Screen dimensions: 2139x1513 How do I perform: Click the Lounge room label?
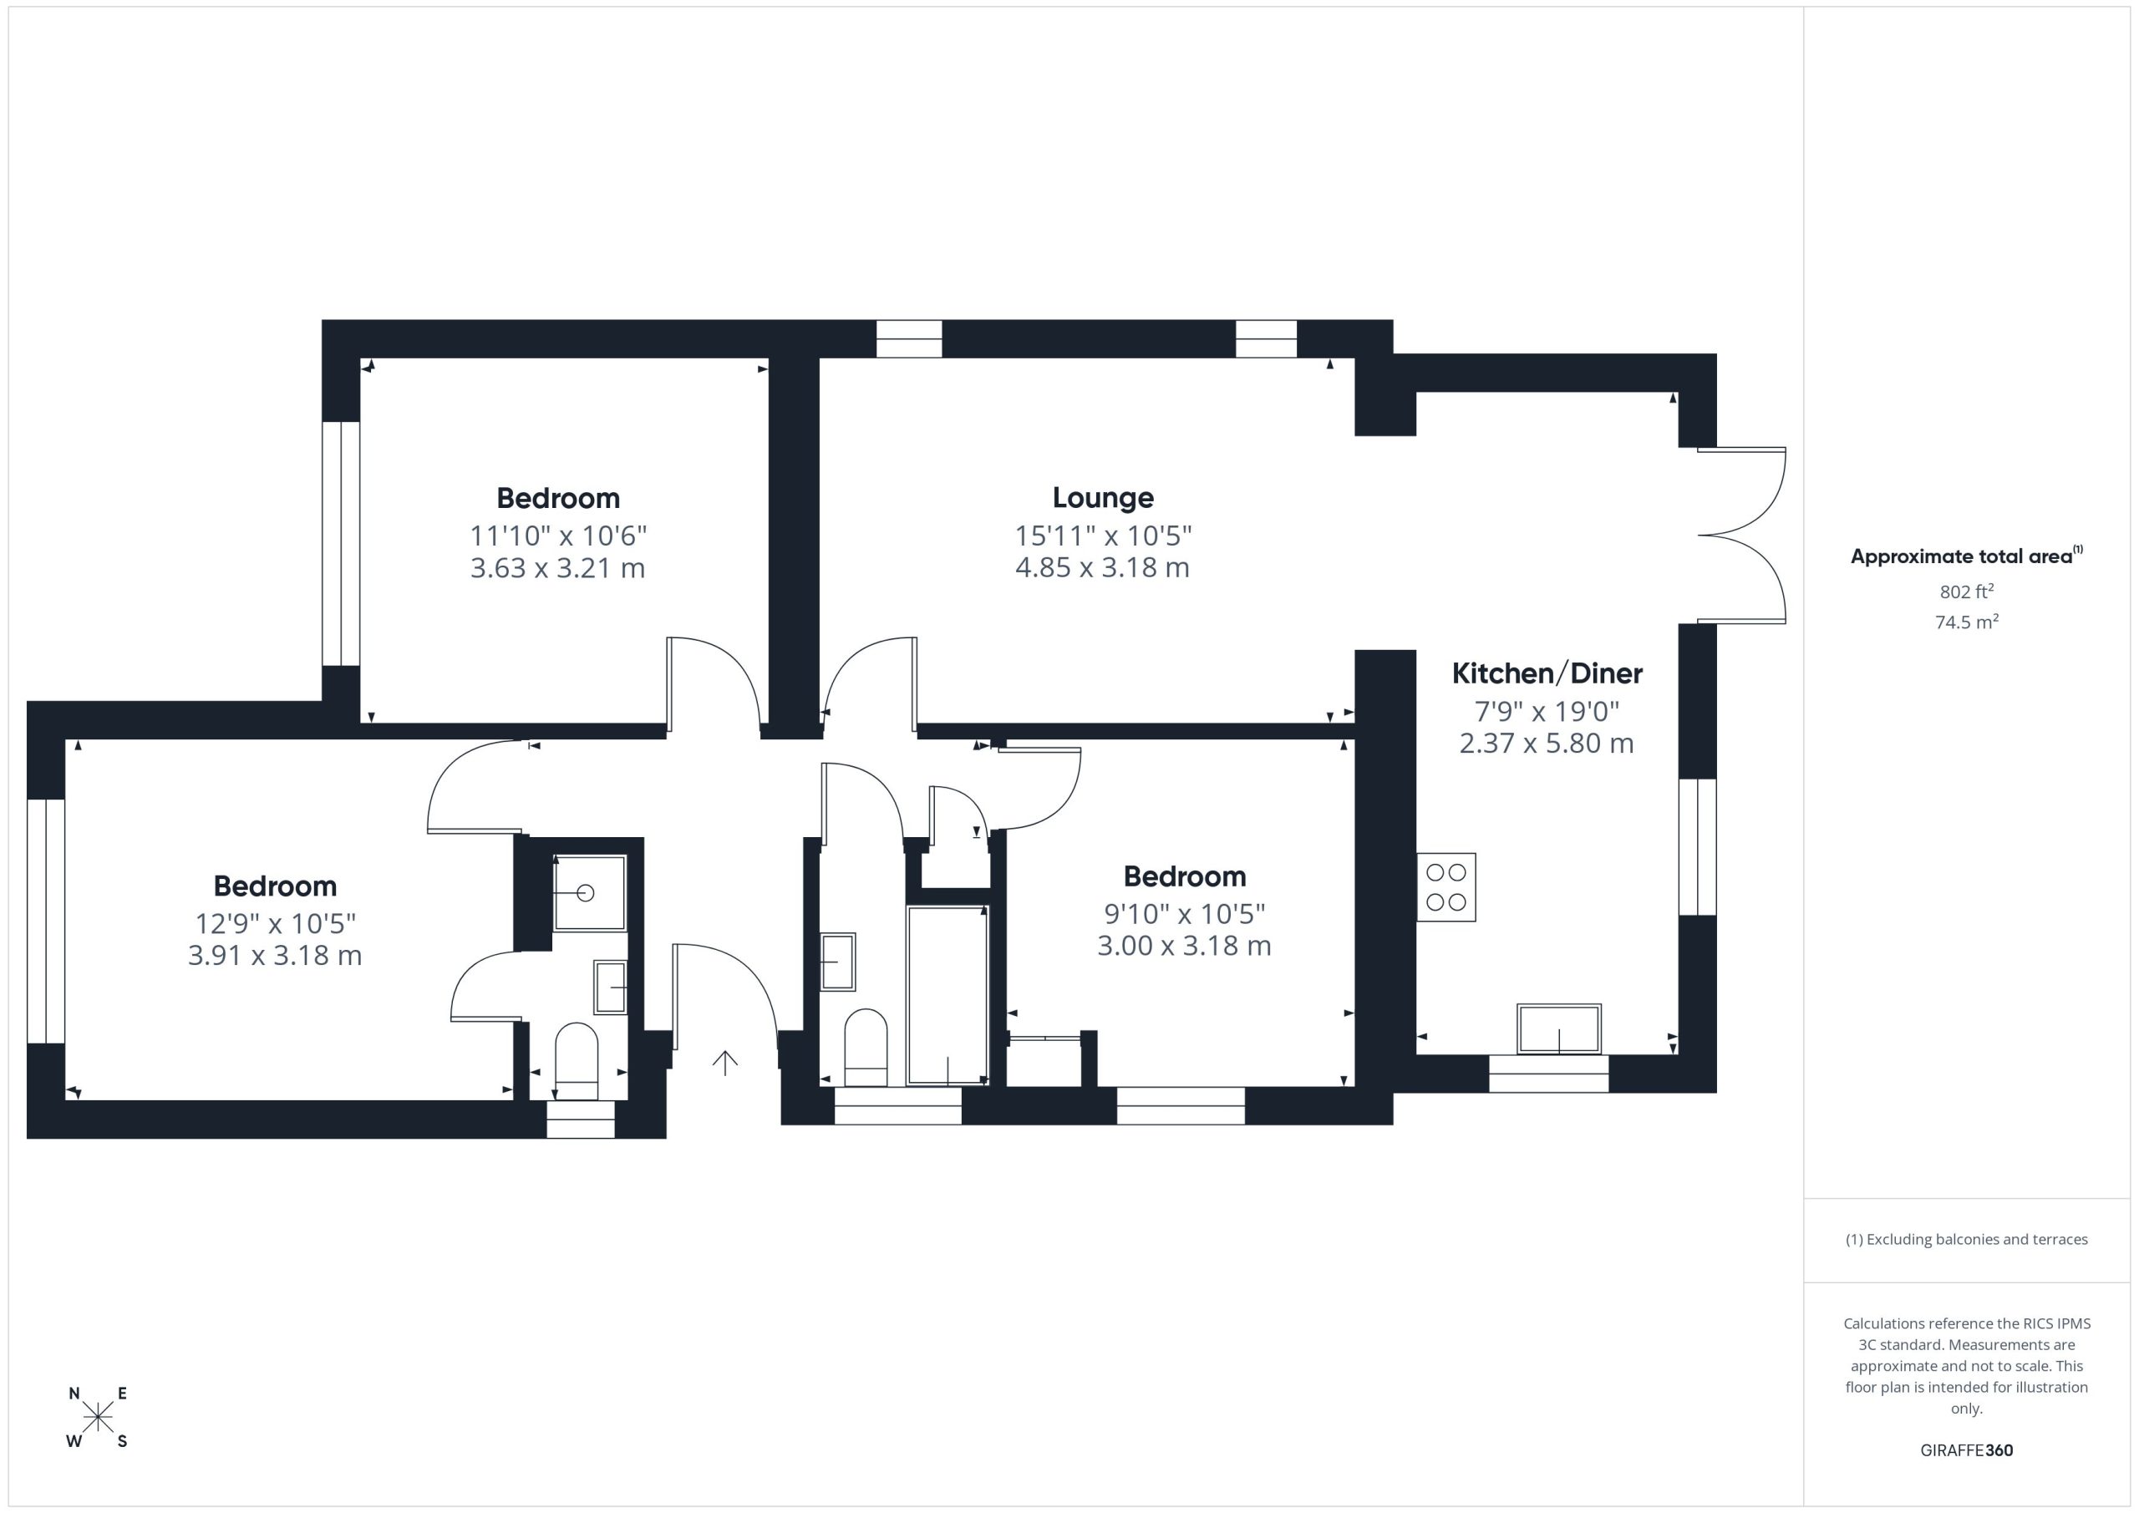[x=1103, y=499]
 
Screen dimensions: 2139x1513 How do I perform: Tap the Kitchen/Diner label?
[x=1547, y=673]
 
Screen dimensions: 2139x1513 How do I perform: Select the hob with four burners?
[x=1445, y=887]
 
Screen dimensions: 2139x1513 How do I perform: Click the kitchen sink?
[x=1558, y=1028]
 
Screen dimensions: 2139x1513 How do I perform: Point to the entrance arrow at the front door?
[x=724, y=1062]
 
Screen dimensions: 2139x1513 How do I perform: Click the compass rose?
[x=98, y=1418]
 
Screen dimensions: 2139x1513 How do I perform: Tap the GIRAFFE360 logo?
[x=1967, y=1450]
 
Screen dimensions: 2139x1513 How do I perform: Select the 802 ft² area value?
[x=1967, y=591]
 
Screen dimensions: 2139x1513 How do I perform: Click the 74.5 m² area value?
[x=1967, y=622]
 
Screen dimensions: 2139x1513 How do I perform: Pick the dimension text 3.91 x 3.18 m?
[x=275, y=956]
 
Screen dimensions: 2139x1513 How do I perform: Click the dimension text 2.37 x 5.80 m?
[x=1547, y=744]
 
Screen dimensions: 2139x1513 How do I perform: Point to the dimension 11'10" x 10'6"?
[x=558, y=536]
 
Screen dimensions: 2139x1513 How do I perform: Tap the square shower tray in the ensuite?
[x=590, y=892]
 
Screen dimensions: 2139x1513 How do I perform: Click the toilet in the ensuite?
[x=576, y=1061]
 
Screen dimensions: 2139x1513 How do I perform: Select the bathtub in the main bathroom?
[x=948, y=995]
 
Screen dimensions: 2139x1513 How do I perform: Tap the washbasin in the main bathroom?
[x=837, y=962]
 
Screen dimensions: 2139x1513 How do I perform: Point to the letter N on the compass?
[x=74, y=1394]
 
